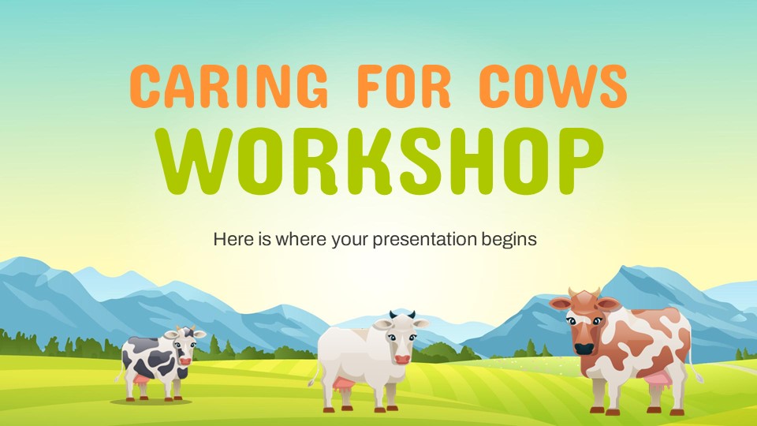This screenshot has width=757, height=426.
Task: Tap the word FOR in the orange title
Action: [x=405, y=86]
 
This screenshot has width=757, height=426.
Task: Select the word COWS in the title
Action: [x=554, y=86]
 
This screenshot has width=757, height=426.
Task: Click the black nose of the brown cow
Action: [x=584, y=348]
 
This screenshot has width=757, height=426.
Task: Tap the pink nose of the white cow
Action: [x=402, y=360]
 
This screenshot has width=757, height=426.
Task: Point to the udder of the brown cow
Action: [x=657, y=382]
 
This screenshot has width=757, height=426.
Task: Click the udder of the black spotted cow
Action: [x=141, y=379]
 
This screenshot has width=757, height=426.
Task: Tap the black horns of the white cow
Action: [x=402, y=315]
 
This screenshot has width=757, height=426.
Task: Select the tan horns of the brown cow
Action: [x=584, y=292]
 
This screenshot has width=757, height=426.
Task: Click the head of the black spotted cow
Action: [x=185, y=343]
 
